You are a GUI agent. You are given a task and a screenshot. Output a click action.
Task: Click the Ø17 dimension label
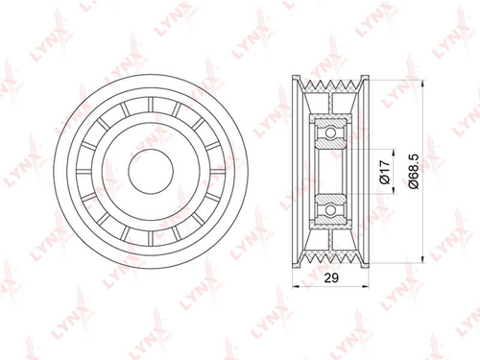(385, 172)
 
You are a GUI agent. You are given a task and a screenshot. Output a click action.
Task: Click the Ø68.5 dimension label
(414, 172)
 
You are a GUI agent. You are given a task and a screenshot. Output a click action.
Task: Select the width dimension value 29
(331, 278)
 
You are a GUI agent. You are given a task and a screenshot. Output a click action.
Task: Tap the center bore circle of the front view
(151, 171)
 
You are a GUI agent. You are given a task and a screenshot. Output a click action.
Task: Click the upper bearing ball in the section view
(330, 132)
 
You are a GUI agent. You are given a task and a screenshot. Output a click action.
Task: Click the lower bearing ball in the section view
(330, 210)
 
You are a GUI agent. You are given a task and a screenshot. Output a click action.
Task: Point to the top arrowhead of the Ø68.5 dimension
(423, 84)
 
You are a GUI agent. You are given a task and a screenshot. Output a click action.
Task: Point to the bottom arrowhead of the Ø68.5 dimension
(423, 259)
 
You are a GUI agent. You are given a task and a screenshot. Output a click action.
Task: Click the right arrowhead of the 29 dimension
(365, 286)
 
